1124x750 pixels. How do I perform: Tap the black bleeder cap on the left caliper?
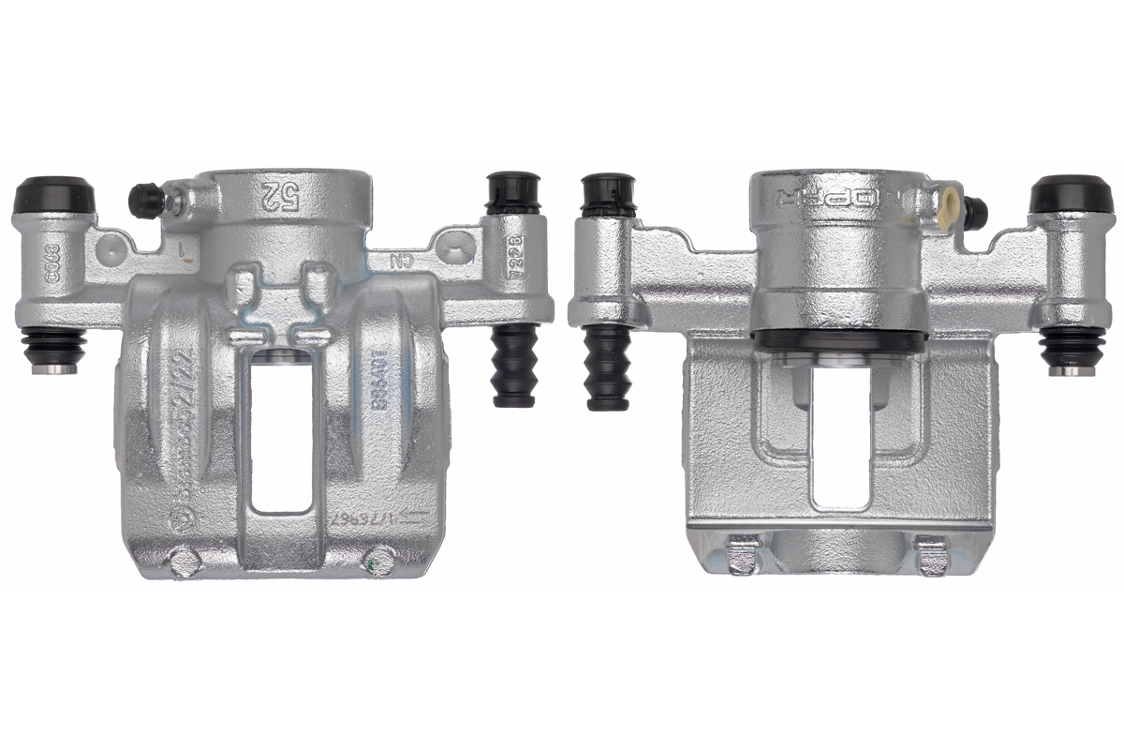[x=145, y=200]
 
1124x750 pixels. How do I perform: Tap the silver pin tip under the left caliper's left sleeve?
[x=53, y=367]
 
